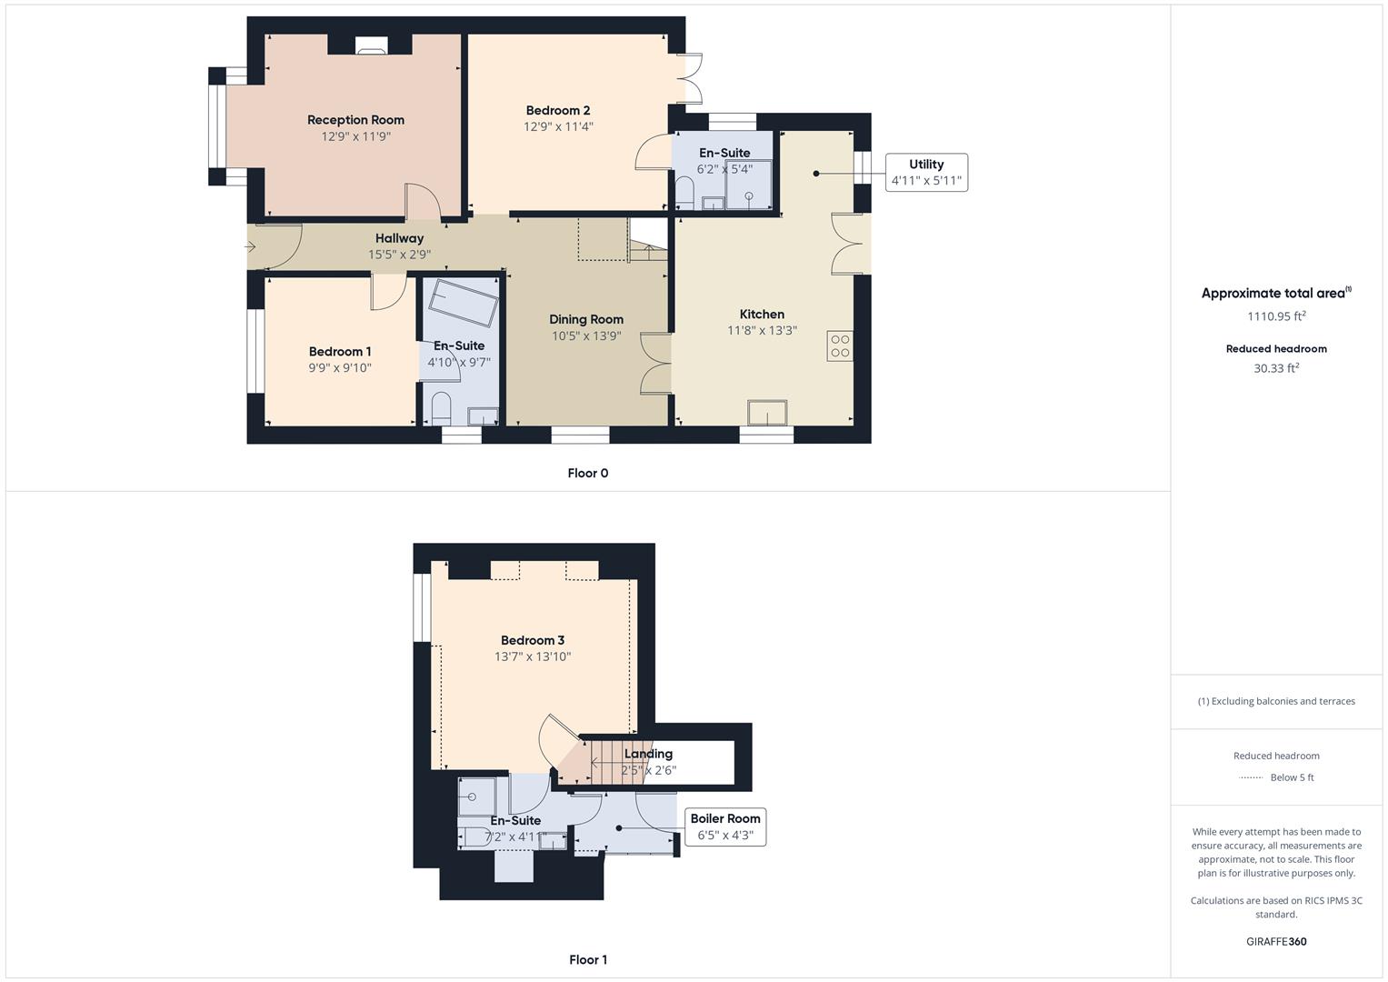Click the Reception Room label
[x=355, y=120]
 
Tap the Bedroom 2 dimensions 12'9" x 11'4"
[x=558, y=127]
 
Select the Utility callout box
[x=925, y=173]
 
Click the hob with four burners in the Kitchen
[x=840, y=346]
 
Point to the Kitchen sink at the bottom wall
[x=768, y=413]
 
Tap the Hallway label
[x=399, y=238]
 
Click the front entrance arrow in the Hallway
[x=252, y=246]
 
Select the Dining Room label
[x=586, y=319]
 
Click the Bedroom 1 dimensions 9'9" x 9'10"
[x=339, y=368]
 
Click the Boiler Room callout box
[x=724, y=827]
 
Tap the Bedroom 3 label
[x=533, y=640]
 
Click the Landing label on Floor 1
[x=648, y=754]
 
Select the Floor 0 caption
[x=587, y=473]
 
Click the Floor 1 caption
[x=587, y=959]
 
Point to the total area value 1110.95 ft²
[x=1276, y=316]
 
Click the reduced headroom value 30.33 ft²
[x=1276, y=368]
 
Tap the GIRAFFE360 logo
[x=1276, y=942]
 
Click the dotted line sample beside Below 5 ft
[x=1252, y=777]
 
